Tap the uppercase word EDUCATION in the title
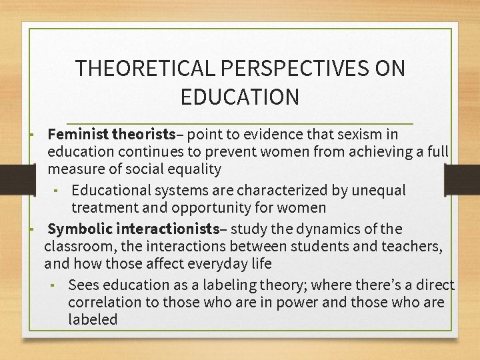(240, 97)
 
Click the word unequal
(376, 191)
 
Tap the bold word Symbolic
(80, 229)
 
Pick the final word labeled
(93, 320)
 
